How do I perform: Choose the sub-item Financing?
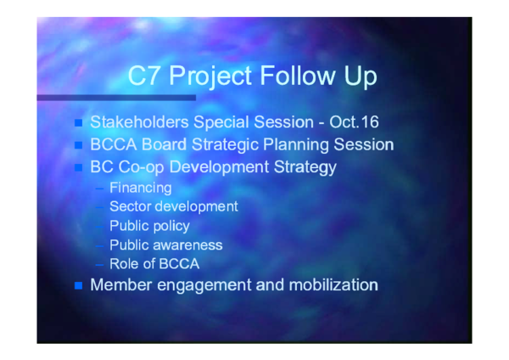coord(140,187)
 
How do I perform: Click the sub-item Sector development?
coord(173,206)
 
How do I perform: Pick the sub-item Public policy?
coord(149,226)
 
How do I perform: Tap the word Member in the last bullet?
coord(121,284)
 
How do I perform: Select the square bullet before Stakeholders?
coord(80,122)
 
